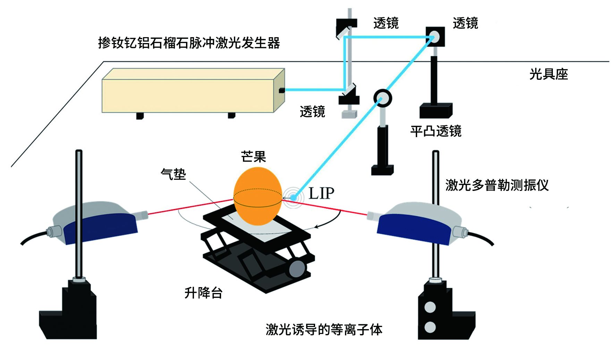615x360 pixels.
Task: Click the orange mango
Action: coord(258,196)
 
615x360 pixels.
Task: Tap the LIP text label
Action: coord(321,194)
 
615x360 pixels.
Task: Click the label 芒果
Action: coord(253,157)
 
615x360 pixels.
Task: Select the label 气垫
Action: coord(173,174)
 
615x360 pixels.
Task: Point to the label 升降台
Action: coord(203,293)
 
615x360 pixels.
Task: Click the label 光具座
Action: coord(548,74)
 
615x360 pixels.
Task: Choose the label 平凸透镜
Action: coord(436,131)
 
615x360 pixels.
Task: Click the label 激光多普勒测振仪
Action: coord(497,185)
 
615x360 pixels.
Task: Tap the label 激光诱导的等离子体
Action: coord(324,329)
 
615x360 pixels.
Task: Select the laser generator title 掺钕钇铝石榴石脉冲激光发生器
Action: coord(189,43)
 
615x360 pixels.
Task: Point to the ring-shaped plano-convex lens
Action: coord(382,98)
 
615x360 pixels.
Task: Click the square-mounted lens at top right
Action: coord(435,36)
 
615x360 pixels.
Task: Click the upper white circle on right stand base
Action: coord(430,307)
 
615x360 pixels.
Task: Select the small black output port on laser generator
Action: coord(282,91)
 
